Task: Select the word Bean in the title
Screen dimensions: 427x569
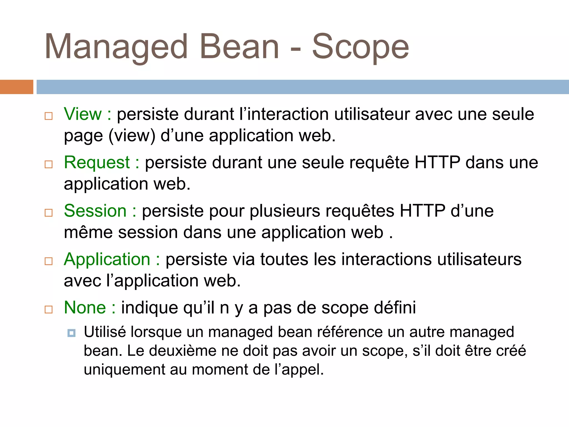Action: pos(239,47)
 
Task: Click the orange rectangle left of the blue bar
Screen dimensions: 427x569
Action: pos(16,87)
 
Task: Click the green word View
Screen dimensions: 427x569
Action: pos(83,114)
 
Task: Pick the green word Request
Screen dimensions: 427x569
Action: pos(97,162)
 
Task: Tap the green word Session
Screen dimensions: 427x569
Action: pos(95,211)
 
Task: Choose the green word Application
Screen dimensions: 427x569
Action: pos(107,259)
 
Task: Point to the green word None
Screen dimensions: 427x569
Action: pos(85,307)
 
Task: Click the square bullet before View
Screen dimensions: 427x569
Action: pos(49,116)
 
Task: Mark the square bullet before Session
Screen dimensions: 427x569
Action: pos(49,213)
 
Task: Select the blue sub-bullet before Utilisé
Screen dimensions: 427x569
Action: pos(71,333)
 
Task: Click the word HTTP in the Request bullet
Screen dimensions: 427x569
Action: pos(437,162)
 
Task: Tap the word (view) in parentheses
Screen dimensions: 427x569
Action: pos(132,136)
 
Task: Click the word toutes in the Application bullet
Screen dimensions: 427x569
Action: pos(284,259)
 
